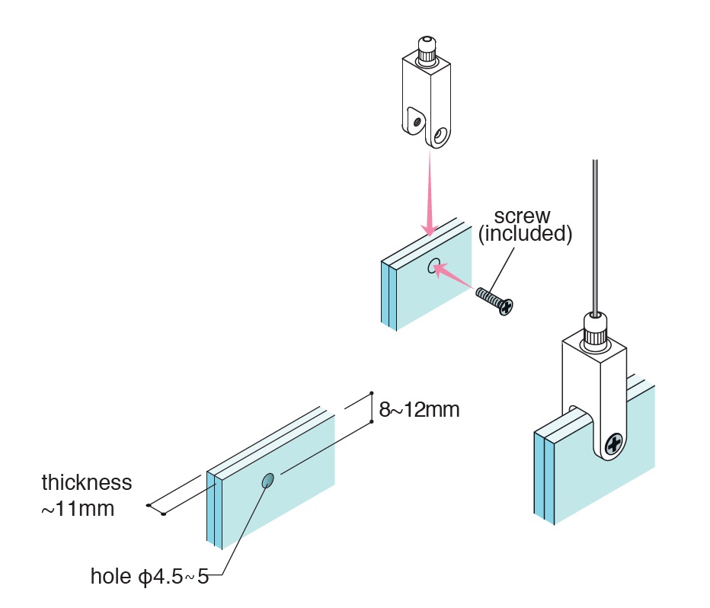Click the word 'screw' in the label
(x=522, y=216)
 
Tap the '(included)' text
(x=525, y=234)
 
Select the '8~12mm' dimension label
(x=420, y=410)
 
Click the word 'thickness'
(x=87, y=482)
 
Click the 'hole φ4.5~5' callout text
(x=149, y=575)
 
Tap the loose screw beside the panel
(x=495, y=299)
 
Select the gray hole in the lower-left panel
(x=267, y=480)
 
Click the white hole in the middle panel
(x=433, y=266)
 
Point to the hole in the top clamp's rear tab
(x=415, y=119)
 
